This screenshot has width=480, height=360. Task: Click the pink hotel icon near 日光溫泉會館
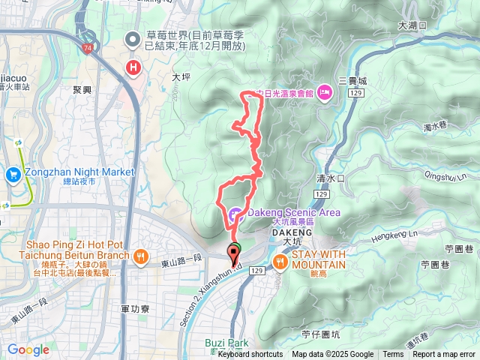click(x=324, y=91)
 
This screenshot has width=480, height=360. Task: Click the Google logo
click(x=28, y=349)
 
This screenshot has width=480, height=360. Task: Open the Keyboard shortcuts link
click(x=250, y=355)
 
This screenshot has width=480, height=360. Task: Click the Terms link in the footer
click(x=393, y=355)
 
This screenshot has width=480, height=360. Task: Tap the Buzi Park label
click(x=226, y=343)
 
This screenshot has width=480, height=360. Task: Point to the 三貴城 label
click(x=352, y=81)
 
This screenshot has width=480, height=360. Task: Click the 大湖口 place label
click(x=412, y=25)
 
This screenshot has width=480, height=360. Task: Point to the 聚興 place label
click(x=82, y=89)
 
